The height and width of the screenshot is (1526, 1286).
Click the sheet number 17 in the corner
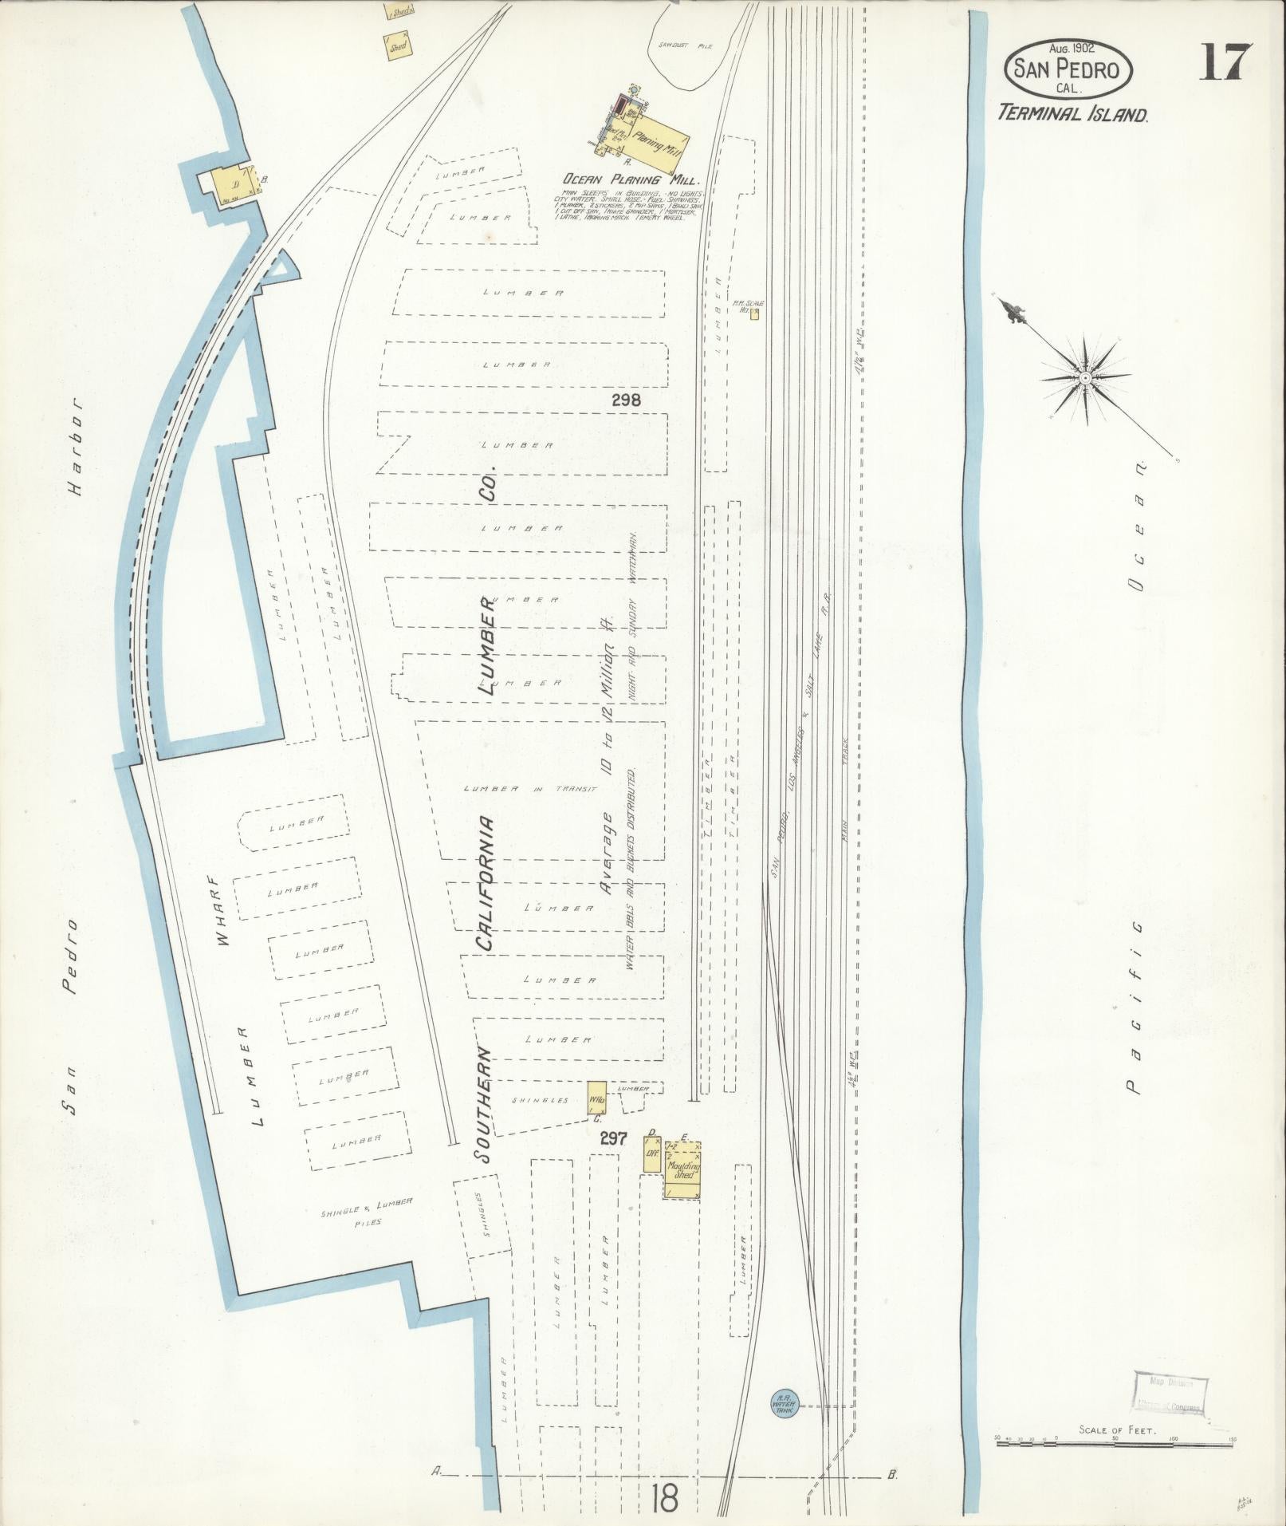[x=1225, y=62]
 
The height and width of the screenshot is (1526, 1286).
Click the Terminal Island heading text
[x=1072, y=114]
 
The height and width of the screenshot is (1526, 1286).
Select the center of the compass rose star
[x=1085, y=376]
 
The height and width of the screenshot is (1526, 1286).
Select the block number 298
[x=626, y=400]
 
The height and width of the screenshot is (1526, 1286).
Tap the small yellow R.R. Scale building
[x=754, y=313]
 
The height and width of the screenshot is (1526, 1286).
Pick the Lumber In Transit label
[x=530, y=789]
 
